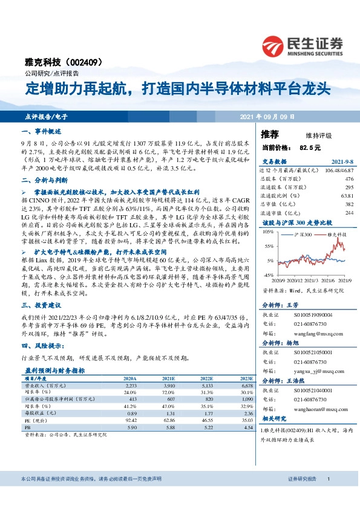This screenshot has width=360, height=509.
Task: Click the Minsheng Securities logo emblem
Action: [275, 44]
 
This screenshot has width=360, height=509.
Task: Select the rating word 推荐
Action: [270, 134]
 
